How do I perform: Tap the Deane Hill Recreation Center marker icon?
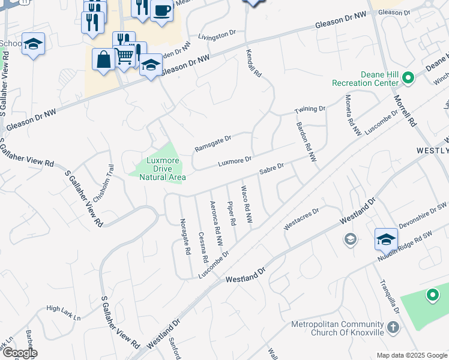click(409, 77)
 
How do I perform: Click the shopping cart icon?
click(124, 56)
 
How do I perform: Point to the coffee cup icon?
click(162, 10)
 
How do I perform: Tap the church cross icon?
click(393, 328)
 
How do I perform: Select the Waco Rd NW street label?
click(246, 205)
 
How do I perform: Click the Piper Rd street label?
click(231, 213)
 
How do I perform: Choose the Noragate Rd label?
click(185, 236)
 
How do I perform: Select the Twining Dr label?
click(309, 109)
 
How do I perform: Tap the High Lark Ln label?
click(63, 309)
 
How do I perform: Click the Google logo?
click(19, 353)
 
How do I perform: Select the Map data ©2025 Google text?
click(411, 355)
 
